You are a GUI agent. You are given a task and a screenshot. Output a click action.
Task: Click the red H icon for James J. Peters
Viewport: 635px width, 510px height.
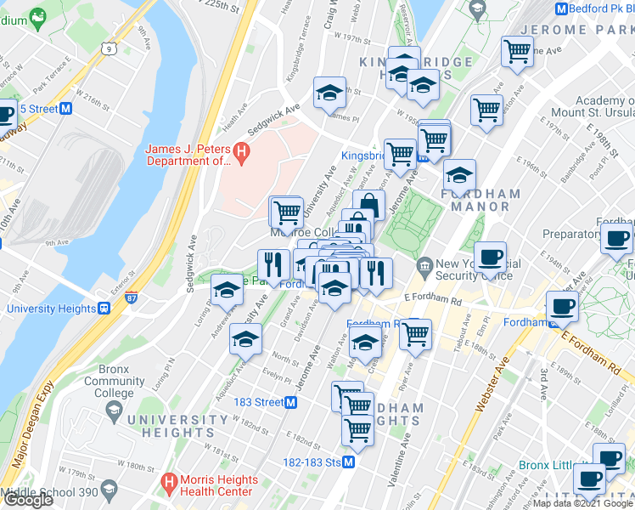[241, 154]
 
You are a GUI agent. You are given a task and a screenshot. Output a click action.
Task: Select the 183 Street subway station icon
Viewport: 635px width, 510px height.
[291, 402]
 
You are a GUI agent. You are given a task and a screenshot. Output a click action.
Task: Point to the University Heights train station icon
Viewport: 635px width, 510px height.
[104, 309]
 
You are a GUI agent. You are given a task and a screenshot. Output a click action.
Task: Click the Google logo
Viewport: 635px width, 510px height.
[27, 500]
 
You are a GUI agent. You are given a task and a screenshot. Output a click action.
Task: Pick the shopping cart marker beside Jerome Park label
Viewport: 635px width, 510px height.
[516, 51]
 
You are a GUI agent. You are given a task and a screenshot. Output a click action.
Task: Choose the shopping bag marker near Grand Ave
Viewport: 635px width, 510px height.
[368, 205]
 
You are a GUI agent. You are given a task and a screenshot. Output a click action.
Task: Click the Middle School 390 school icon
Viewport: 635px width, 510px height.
[109, 490]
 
